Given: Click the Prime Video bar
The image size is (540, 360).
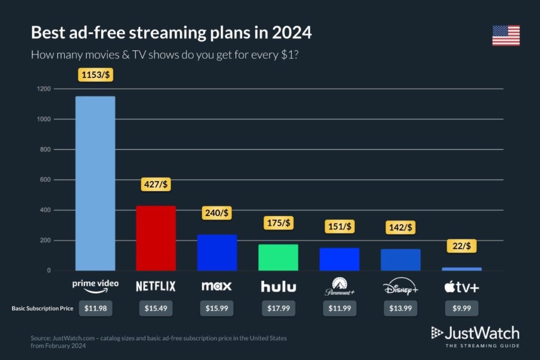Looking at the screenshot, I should pos(95,183).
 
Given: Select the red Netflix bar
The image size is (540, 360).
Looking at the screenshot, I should pos(156,238).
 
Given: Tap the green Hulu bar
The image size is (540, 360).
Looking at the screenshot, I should pos(278,258).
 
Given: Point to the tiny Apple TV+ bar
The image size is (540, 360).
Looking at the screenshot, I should pos(461,269).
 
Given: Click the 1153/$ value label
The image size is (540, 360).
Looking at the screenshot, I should pos(95,75).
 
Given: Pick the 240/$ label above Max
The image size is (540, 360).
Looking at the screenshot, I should pos(217,213).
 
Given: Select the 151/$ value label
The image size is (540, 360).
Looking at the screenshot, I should pos(339,227).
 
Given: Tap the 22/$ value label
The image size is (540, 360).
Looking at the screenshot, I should pos(461,245).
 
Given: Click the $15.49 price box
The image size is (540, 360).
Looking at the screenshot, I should pos(156,308).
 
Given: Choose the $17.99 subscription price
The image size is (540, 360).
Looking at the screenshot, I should pos(278,308).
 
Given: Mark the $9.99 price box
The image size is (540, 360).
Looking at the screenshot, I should pos(461,308).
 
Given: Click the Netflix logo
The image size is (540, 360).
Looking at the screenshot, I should pos(156,286).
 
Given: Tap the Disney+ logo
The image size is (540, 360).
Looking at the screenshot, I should pos(400,287).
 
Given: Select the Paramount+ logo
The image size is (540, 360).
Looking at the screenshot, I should pos(339,287).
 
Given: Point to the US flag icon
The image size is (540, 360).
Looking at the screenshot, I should pos(506,35).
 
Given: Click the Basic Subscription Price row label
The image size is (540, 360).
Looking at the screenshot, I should pos(42,308).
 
